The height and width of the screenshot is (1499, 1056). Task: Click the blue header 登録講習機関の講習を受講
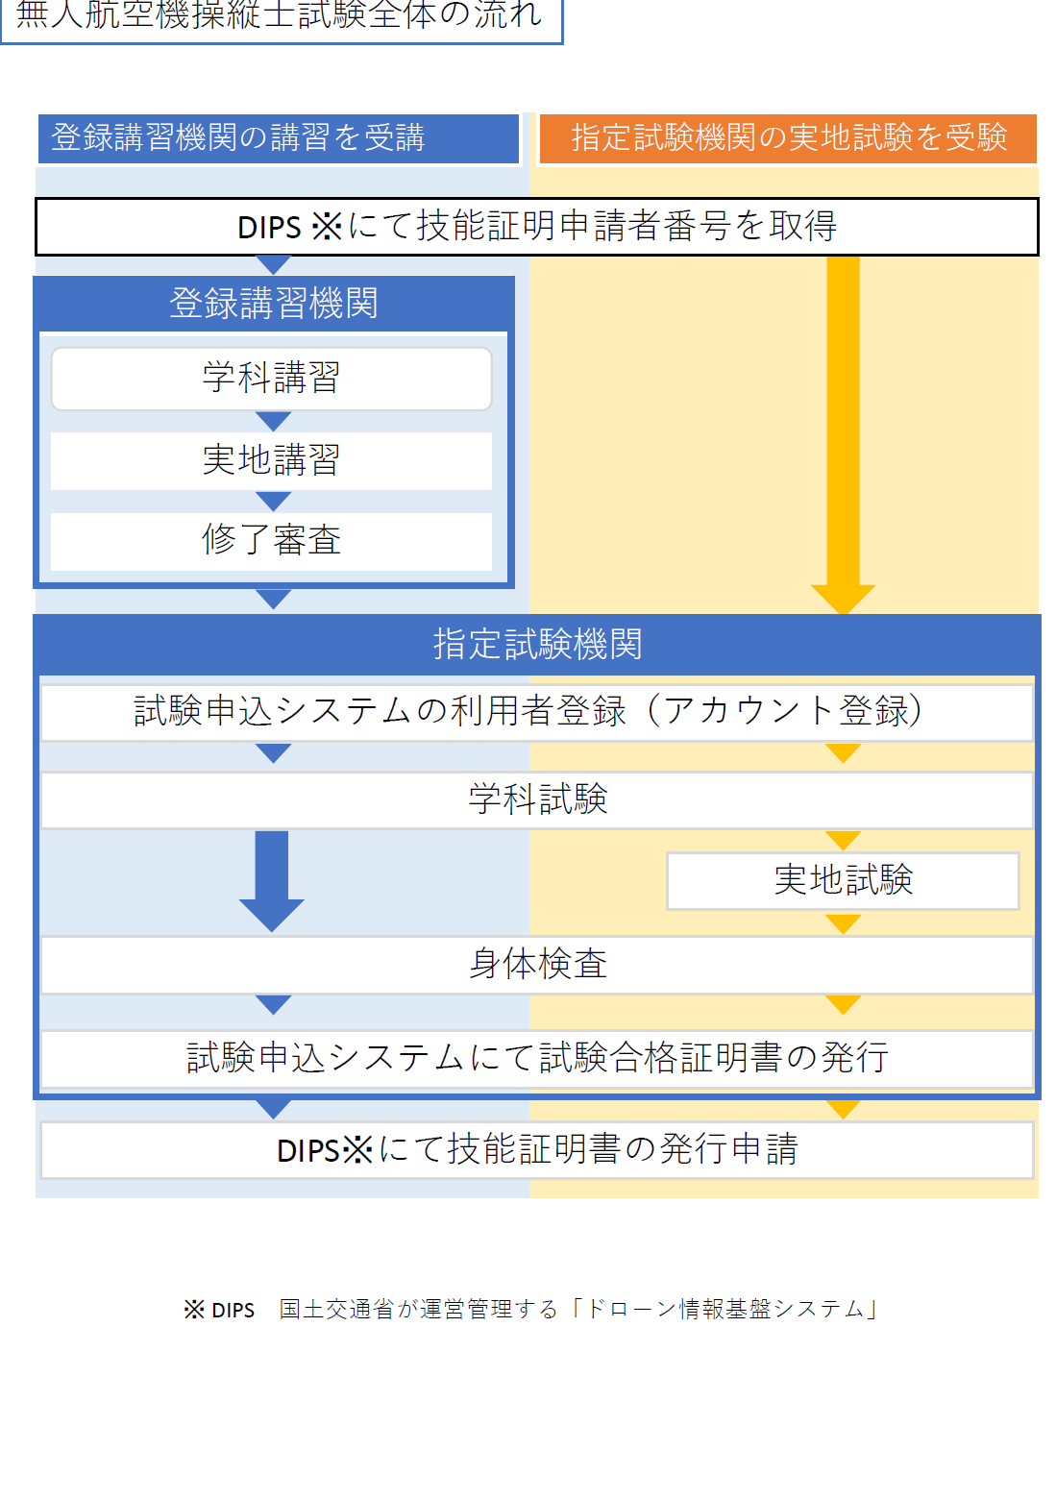click(278, 138)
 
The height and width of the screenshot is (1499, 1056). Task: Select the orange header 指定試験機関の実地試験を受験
click(788, 138)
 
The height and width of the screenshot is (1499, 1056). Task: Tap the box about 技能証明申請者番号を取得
click(536, 227)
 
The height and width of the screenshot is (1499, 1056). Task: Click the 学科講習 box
click(271, 379)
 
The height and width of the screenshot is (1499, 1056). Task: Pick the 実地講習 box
click(271, 461)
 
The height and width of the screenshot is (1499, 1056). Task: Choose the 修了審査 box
click(271, 541)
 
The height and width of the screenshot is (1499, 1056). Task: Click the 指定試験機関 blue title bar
click(536, 645)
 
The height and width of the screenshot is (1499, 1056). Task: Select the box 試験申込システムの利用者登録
click(536, 712)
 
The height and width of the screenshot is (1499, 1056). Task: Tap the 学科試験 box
click(536, 799)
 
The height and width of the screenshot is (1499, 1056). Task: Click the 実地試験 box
click(843, 880)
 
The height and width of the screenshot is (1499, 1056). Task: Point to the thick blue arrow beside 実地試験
click(272, 879)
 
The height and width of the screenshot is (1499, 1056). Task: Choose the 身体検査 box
click(536, 965)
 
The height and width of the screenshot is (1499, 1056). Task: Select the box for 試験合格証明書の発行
click(536, 1059)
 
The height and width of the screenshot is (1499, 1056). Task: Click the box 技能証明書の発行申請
click(536, 1149)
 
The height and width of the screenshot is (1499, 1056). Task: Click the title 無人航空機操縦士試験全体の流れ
click(280, 16)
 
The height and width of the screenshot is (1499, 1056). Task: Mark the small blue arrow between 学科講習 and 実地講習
click(274, 422)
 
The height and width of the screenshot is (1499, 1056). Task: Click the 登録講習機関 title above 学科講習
click(274, 304)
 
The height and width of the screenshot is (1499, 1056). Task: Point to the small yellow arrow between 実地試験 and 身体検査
click(843, 923)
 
